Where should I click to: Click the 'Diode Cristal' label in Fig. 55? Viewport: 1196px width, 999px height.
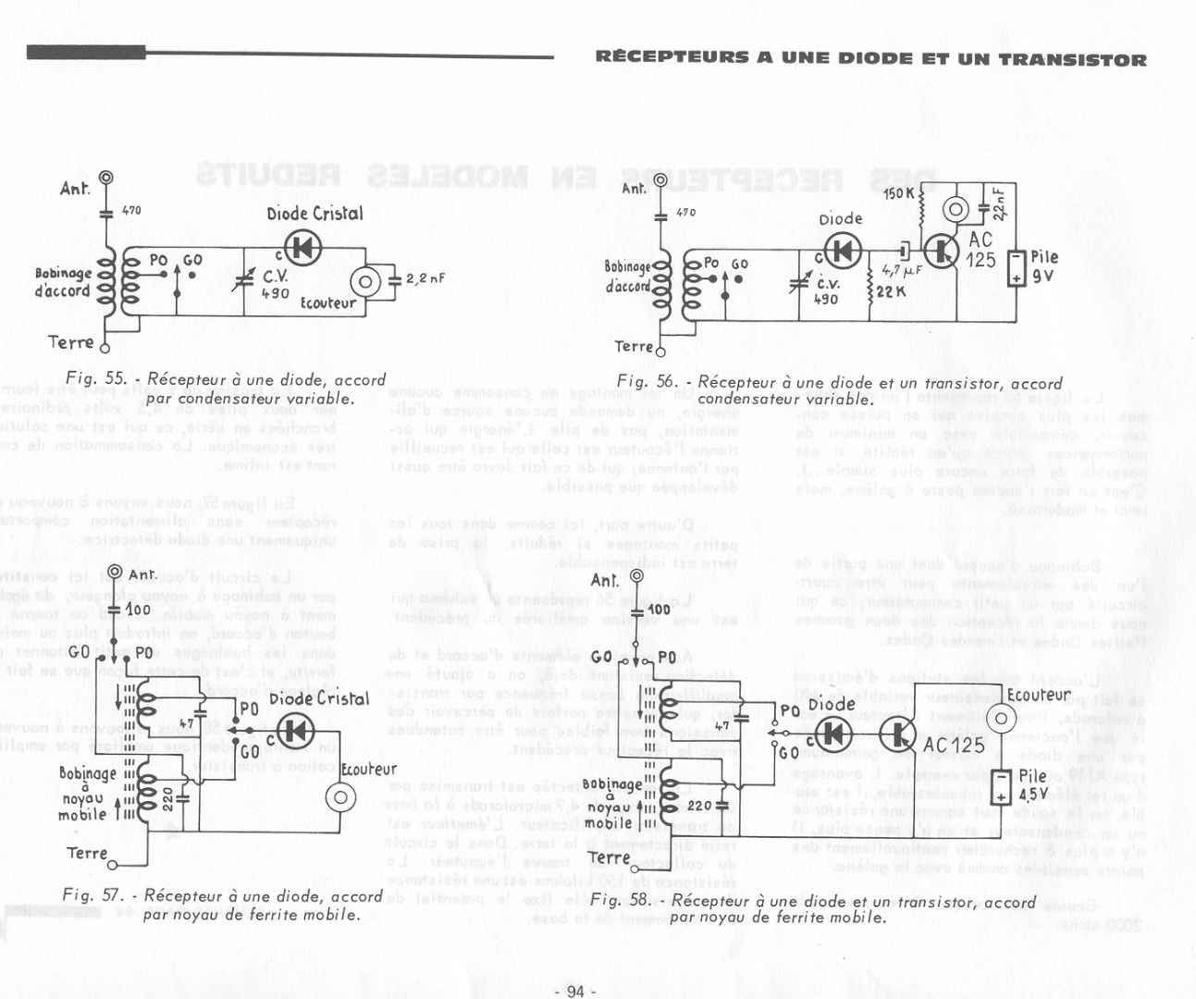314,214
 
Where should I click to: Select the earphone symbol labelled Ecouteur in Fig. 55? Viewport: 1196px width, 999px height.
366,281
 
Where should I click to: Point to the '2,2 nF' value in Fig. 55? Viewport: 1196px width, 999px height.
425,277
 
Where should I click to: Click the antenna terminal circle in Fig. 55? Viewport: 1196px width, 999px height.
106,178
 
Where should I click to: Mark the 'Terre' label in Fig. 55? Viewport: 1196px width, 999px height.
70,343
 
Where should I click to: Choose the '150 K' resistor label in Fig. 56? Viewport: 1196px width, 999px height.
898,194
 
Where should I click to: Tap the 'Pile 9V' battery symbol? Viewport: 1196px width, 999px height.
1017,268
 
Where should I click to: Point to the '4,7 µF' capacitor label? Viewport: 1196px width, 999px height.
901,272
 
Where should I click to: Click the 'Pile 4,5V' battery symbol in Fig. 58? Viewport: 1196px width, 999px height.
1001,787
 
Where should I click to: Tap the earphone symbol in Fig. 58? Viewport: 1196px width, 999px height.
1000,719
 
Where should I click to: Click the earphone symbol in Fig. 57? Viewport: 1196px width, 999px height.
341,797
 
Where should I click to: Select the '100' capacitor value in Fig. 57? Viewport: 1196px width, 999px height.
138,610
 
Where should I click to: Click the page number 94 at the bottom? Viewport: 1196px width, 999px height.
575,992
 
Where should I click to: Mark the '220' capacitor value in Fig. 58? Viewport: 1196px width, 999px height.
699,806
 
